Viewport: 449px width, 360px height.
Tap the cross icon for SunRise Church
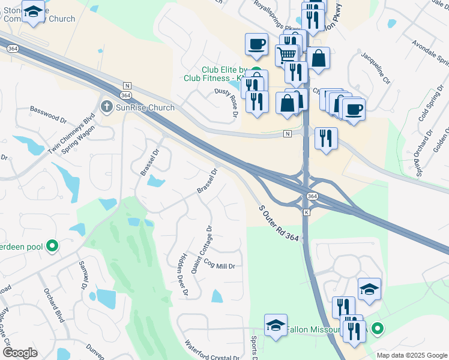tap(106, 107)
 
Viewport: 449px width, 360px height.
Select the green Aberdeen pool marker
tap(52, 245)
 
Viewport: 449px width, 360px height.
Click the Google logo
tap(20, 353)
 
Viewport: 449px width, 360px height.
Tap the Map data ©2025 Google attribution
tap(411, 355)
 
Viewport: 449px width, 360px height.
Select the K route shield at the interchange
tap(306, 212)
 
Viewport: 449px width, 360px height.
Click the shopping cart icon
tap(287, 55)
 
